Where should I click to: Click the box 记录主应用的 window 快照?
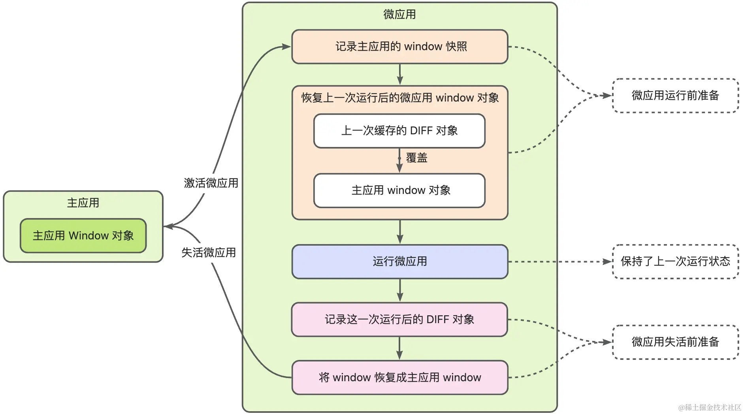[399, 47]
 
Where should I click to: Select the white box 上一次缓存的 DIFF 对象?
[399, 131]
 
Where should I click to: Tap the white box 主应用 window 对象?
[399, 190]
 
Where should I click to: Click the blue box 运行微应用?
[399, 262]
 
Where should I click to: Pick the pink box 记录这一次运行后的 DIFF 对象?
[399, 320]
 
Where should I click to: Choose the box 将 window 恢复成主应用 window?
[399, 378]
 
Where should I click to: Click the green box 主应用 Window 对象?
[83, 236]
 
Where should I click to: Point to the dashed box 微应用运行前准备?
[675, 96]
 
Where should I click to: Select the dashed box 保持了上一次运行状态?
[675, 262]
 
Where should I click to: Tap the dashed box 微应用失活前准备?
[675, 342]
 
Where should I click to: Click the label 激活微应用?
[211, 183]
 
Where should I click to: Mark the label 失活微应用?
[209, 253]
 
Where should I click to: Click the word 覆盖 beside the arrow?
[417, 158]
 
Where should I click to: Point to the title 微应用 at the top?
[399, 15]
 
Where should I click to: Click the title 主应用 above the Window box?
[83, 203]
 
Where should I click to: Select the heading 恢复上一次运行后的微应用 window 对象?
[400, 98]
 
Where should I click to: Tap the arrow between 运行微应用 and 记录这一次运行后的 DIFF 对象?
[400, 290]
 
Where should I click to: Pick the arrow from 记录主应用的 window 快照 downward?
[400, 74]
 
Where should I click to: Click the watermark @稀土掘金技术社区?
[709, 407]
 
